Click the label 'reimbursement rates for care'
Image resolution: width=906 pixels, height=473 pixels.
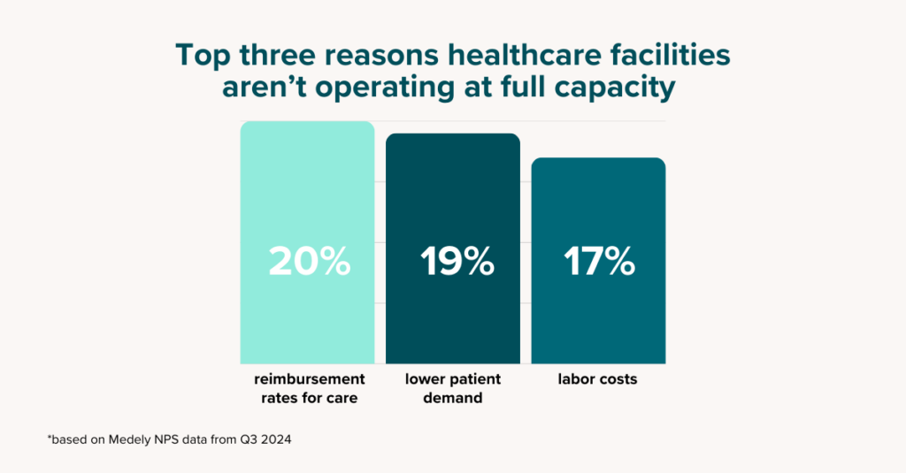pyautogui.click(x=308, y=388)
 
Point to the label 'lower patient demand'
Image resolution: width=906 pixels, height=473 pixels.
pyautogui.click(x=453, y=388)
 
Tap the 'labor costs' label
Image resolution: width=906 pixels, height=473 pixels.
pyautogui.click(x=598, y=379)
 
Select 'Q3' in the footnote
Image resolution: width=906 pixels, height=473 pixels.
pyautogui.click(x=243, y=439)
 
